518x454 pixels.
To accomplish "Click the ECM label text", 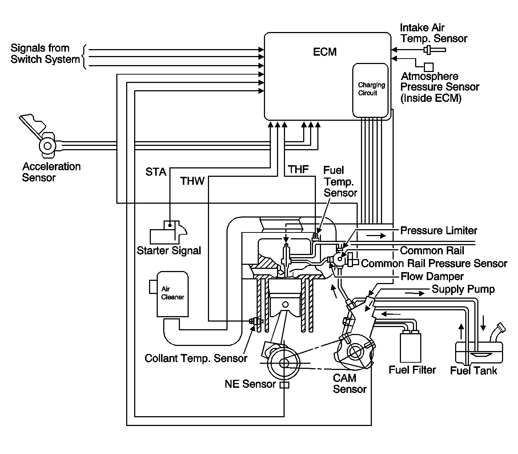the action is pyautogui.click(x=325, y=52).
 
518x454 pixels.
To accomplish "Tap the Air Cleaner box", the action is pyautogui.click(x=172, y=294).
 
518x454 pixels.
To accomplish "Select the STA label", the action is pyautogui.click(x=156, y=172).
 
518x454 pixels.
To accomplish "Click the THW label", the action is pyautogui.click(x=192, y=181).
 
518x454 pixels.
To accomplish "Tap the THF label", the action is pyautogui.click(x=298, y=169).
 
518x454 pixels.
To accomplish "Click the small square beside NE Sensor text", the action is pyautogui.click(x=284, y=385).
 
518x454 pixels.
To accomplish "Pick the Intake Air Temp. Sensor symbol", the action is pyautogui.click(x=435, y=49).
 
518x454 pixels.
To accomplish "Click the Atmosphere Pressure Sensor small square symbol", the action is pyautogui.click(x=429, y=67).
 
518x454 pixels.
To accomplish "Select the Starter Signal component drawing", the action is pyautogui.click(x=168, y=232).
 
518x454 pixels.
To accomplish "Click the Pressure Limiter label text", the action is pyautogui.click(x=438, y=231).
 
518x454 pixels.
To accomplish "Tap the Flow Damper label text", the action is pyautogui.click(x=432, y=276).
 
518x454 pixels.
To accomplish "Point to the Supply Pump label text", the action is pyautogui.click(x=463, y=289).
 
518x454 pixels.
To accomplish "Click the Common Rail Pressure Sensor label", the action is pyautogui.click(x=434, y=263).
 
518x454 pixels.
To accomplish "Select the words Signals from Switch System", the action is pyautogui.click(x=45, y=53).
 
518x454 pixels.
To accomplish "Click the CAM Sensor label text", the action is pyautogui.click(x=349, y=383).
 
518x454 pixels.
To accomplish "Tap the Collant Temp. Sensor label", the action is pyautogui.click(x=196, y=358).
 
